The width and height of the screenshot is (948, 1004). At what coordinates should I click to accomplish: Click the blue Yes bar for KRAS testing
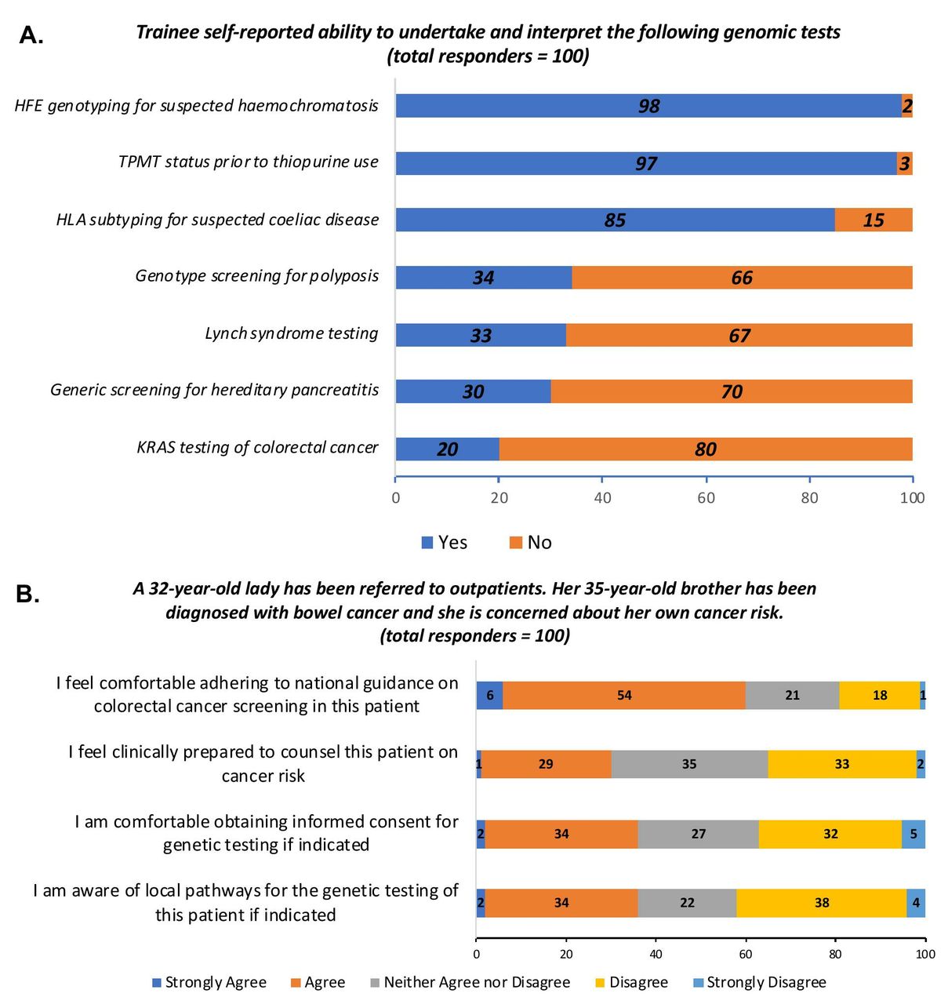tap(448, 449)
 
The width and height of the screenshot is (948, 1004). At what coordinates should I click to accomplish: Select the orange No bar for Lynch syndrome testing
tap(739, 335)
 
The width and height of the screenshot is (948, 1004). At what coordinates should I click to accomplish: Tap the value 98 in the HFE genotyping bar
tap(648, 106)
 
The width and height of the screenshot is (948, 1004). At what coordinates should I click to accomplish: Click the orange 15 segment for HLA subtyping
tap(874, 220)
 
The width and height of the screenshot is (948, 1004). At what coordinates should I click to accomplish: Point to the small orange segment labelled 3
tap(905, 163)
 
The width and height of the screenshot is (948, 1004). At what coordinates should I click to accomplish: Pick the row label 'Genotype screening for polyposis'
tap(257, 276)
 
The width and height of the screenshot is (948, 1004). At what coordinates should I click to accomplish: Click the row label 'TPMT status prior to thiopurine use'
tap(249, 162)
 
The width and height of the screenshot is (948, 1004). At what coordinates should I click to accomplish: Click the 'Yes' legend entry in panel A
tap(445, 543)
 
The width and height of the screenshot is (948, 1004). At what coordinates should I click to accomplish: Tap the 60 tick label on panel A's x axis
tap(706, 498)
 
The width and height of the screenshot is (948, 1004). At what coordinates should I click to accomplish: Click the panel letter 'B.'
tap(27, 594)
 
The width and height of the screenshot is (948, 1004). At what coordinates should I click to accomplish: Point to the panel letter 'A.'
tap(31, 35)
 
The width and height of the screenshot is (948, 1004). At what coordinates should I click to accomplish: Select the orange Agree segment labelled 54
tap(624, 695)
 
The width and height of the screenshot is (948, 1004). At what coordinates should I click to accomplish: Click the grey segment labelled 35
tap(690, 764)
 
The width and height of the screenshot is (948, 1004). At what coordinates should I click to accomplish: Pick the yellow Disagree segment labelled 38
tap(822, 902)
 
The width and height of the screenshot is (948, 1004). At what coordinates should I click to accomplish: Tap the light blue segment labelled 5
tap(913, 833)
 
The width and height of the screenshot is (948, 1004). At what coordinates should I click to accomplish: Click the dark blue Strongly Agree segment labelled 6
tap(489, 695)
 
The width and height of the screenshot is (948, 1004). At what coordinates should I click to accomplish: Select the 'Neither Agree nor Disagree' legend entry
tap(470, 982)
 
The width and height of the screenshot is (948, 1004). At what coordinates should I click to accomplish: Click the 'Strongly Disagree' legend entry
tap(761, 982)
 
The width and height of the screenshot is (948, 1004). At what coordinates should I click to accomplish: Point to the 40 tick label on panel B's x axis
tap(656, 955)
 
